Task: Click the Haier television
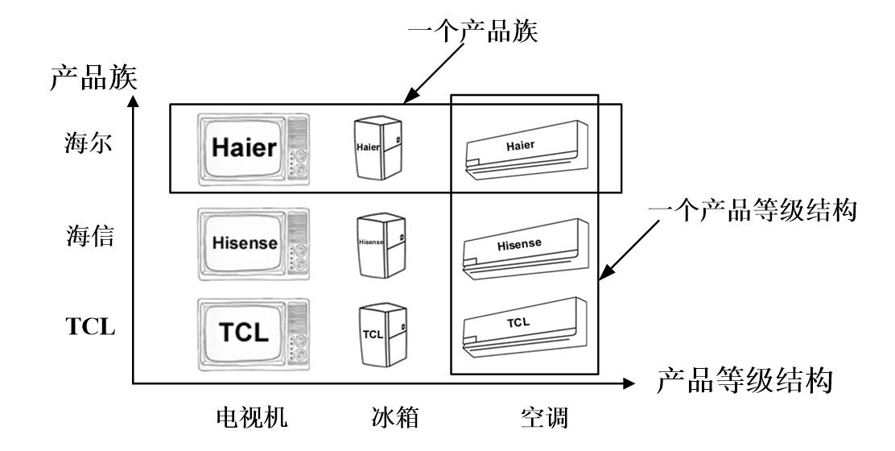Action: pos(253,148)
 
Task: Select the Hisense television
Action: pos(253,242)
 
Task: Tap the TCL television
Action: pos(253,332)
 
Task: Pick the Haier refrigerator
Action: pos(377,148)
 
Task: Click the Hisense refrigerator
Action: pos(377,243)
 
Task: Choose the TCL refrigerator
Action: pos(377,333)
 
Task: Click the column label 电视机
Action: pos(251,418)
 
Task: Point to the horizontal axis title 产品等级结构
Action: pos(743,382)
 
